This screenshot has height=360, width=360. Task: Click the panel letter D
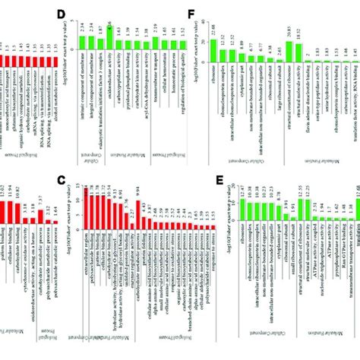[x=73, y=12]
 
